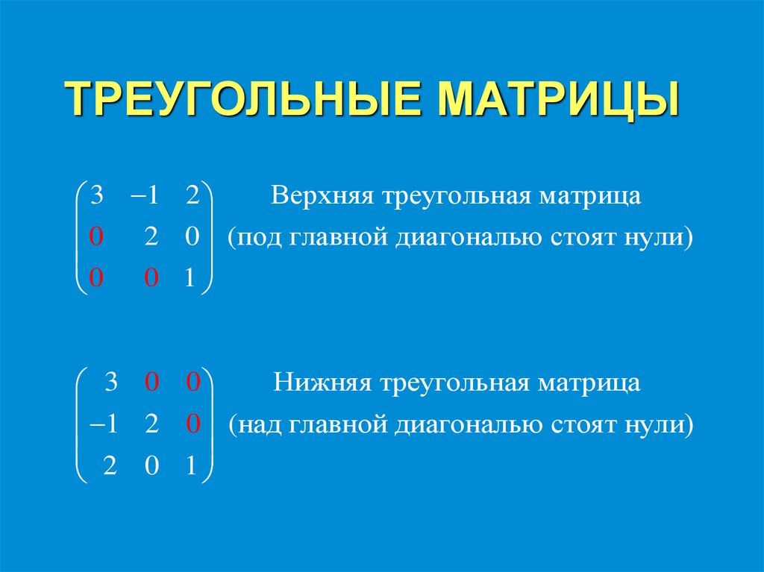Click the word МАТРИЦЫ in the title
(557, 98)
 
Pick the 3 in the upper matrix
(96, 197)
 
